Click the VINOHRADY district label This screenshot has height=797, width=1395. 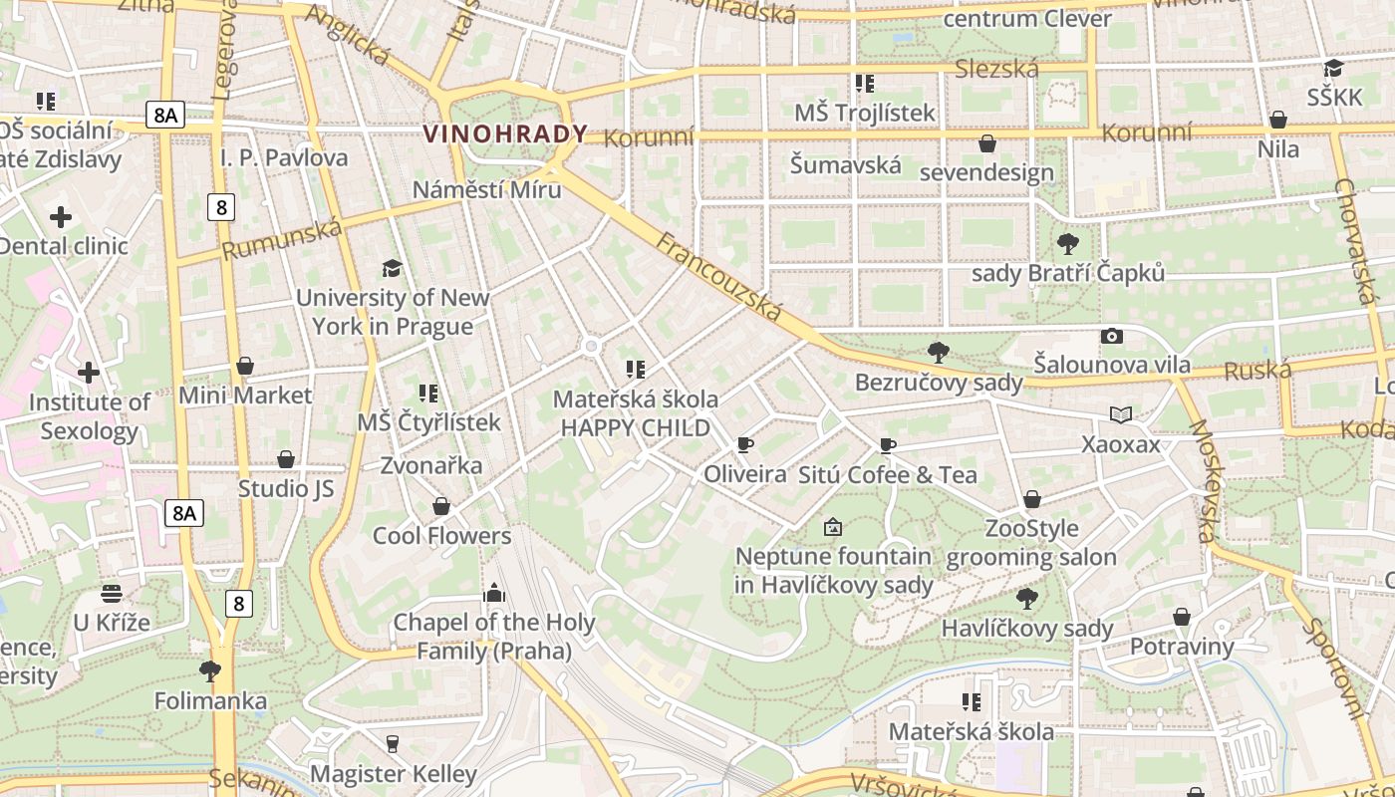coord(505,133)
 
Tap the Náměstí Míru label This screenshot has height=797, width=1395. coord(487,189)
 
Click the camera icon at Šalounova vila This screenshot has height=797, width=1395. coord(1111,337)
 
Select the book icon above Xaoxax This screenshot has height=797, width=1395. coord(1121,414)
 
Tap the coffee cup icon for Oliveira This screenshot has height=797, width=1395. coord(744,445)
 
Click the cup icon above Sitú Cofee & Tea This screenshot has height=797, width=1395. coord(888,446)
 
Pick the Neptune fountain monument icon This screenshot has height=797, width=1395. coord(833,527)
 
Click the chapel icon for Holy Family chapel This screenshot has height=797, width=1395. coord(493,594)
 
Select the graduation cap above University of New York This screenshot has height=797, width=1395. coord(393,268)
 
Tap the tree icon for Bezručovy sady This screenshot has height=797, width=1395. coord(938,352)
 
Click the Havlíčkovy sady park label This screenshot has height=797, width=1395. coord(1026,628)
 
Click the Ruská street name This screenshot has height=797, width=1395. coord(1256,372)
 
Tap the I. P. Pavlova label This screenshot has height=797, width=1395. coord(284,157)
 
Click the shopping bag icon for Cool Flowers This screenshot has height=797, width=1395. coord(441,507)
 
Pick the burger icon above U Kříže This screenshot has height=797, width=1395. coord(112,594)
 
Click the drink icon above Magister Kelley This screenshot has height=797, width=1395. coord(393,744)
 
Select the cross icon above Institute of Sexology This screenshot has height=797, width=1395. coord(89,373)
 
